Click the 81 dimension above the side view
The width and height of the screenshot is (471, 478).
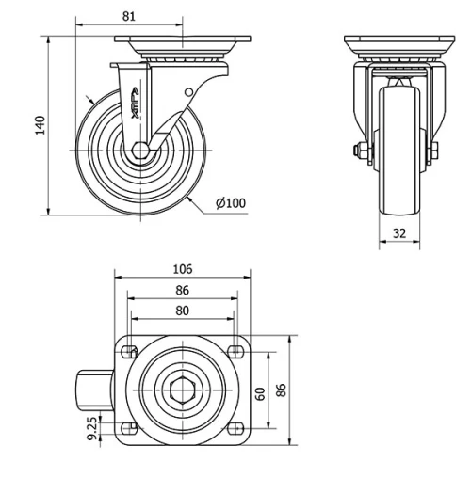(131, 15)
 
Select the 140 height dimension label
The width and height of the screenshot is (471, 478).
(40, 125)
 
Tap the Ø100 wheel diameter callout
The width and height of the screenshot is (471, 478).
(230, 203)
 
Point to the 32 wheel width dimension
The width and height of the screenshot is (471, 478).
(400, 232)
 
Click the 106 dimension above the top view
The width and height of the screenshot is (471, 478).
(182, 268)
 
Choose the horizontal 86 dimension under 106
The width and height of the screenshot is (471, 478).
(182, 292)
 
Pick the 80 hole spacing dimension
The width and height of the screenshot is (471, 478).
(182, 311)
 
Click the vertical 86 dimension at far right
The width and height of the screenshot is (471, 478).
(281, 390)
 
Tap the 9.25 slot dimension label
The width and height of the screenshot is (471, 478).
(90, 428)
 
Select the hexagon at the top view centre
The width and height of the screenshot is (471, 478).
(183, 390)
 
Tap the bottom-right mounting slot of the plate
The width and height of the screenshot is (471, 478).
(235, 428)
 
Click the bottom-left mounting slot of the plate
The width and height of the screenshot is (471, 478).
(128, 428)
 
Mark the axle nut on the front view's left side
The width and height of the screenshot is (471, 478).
(362, 151)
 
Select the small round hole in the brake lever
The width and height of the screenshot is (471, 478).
(187, 91)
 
